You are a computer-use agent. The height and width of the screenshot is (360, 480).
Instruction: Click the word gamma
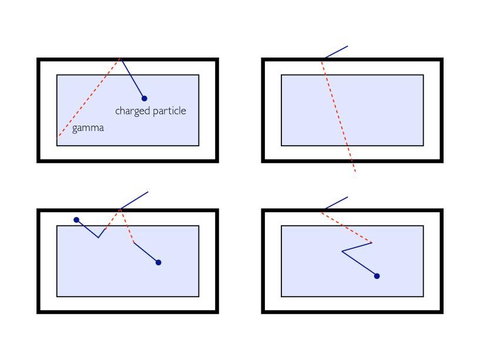(x=88, y=128)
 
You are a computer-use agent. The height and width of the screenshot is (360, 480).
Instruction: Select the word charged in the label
(x=132, y=111)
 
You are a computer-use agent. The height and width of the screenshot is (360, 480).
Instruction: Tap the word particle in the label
(x=168, y=111)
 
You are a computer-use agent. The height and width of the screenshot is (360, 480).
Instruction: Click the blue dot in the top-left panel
(x=144, y=98)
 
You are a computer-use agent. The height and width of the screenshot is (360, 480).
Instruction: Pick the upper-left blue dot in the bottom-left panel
(x=76, y=220)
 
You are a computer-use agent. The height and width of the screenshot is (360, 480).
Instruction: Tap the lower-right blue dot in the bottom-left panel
(x=158, y=262)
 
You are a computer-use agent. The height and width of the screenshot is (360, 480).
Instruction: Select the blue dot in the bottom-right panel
(x=377, y=275)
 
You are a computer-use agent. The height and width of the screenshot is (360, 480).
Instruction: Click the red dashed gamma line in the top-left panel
(x=88, y=99)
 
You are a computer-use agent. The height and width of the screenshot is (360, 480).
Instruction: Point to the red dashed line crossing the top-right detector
(x=338, y=115)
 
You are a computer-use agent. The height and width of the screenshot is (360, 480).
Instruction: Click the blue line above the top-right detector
(x=335, y=52)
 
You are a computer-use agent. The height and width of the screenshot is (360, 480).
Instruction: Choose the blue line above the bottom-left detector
(x=134, y=200)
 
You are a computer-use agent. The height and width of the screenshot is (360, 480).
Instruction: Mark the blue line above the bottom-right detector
(x=335, y=203)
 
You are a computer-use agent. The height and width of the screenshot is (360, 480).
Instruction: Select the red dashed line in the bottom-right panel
(x=347, y=227)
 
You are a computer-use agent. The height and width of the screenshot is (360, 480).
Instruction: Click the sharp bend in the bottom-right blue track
(x=342, y=251)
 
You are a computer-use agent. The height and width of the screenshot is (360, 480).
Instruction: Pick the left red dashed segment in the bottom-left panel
(x=109, y=223)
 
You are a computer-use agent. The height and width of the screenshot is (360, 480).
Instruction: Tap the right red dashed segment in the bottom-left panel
(x=127, y=226)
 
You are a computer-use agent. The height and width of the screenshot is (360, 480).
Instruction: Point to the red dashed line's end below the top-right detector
(x=355, y=171)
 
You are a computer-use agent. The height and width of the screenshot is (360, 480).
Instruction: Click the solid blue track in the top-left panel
(x=132, y=78)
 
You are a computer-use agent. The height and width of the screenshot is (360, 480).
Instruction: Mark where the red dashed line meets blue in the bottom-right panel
(x=372, y=243)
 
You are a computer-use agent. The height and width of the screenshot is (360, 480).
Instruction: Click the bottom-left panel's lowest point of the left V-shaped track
(x=98, y=237)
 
